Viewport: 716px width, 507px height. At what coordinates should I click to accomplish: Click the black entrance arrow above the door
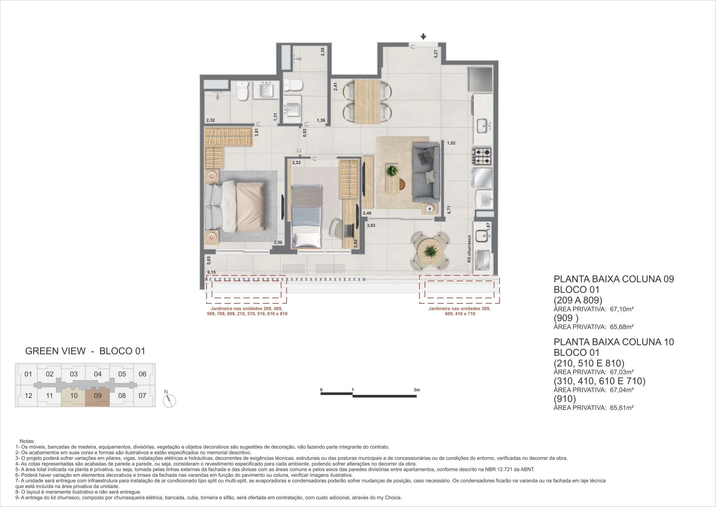tap(423, 36)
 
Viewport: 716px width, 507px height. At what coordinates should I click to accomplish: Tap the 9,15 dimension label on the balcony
tap(211, 272)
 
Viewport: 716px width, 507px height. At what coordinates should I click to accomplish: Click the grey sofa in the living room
tap(426, 172)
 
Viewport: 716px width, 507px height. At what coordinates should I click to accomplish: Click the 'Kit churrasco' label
tap(469, 249)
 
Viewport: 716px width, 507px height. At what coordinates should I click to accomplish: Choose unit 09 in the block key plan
tap(98, 396)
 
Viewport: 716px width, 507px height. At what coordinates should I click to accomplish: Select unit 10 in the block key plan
tap(74, 396)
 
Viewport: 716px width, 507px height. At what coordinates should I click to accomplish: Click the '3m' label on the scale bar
tap(417, 390)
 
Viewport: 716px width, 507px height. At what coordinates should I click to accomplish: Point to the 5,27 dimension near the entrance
tap(436, 54)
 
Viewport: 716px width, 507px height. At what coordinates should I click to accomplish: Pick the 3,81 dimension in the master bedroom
tap(256, 133)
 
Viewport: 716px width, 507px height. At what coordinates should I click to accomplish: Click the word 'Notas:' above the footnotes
tap(27, 441)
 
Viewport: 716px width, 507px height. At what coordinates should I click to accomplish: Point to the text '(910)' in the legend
tap(564, 399)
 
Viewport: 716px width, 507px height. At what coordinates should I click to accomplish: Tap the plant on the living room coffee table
tap(392, 171)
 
